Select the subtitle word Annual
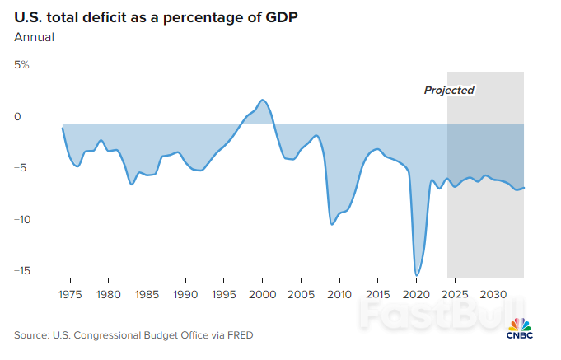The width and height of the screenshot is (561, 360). (33, 36)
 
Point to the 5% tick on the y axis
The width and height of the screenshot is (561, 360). (21, 65)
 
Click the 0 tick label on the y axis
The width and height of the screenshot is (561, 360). (17, 117)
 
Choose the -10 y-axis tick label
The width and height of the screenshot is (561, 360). (22, 220)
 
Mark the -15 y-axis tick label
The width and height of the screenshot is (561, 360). (22, 271)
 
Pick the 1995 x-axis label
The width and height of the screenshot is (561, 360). (224, 294)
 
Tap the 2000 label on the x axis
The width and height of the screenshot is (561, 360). (262, 294)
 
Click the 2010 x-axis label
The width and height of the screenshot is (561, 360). (339, 294)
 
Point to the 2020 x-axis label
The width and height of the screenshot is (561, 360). (416, 294)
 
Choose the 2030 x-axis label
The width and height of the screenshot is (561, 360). (493, 294)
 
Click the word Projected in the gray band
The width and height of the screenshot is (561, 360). (449, 91)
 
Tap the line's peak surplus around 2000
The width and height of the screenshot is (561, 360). (262, 100)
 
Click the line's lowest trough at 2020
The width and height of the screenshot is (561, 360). (417, 275)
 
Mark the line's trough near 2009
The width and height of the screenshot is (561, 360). (332, 224)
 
